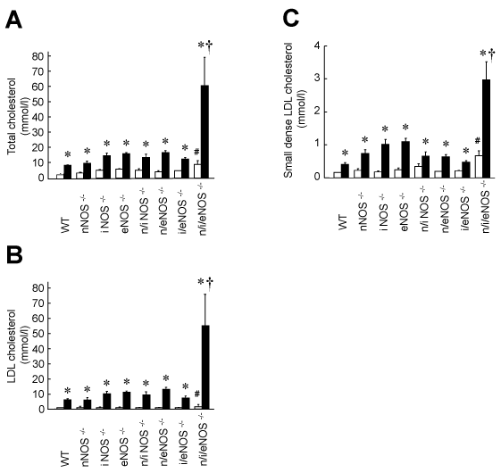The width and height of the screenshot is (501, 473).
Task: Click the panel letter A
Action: [13, 20]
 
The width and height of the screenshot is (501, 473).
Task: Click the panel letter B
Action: [14, 255]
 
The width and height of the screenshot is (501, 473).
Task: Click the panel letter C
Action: [291, 18]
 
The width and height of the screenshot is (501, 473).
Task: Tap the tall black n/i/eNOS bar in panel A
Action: [205, 131]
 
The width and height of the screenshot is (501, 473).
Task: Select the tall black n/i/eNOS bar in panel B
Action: [205, 367]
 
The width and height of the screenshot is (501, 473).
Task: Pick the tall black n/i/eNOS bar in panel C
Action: [486, 129]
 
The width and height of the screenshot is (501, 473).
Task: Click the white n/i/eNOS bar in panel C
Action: [479, 166]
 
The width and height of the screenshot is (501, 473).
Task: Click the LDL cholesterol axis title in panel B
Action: [17, 346]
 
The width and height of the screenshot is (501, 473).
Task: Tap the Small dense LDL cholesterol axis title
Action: [293, 110]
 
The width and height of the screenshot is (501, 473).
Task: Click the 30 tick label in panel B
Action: [38, 364]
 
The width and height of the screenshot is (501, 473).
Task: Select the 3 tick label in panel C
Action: [317, 79]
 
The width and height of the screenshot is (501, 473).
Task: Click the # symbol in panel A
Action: [196, 152]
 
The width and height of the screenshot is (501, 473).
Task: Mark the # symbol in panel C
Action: [478, 141]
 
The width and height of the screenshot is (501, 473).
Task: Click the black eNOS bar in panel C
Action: [405, 160]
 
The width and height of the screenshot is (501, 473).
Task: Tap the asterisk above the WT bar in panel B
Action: [68, 391]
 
